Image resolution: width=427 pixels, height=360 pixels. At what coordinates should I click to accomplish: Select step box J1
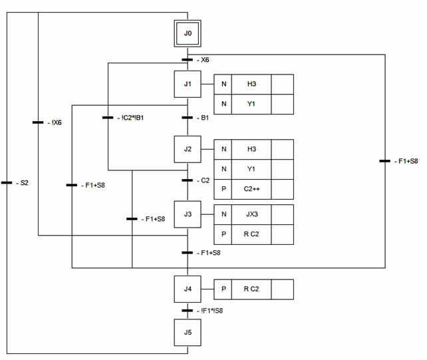pos(188,84)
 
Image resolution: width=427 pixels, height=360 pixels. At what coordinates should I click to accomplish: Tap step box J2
pos(188,149)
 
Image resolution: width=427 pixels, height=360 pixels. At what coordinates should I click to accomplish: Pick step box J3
pos(188,214)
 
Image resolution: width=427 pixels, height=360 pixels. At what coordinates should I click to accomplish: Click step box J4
pos(188,289)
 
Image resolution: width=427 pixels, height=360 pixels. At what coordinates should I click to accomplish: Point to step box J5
pos(188,333)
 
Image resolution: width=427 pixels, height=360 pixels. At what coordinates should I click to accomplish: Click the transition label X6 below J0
pos(205,60)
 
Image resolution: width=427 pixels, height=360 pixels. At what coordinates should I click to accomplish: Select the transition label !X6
pos(56,122)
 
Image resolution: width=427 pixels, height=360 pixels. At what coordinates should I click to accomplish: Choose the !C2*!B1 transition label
pos(132,118)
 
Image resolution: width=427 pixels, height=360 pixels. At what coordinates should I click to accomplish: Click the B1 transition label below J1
pos(205,118)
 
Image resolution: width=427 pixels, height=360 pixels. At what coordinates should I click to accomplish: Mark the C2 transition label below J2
pos(205,180)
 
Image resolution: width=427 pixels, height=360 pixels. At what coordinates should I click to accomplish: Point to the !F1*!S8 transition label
pos(212,310)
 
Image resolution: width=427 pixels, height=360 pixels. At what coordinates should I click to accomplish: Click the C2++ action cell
pos(251,189)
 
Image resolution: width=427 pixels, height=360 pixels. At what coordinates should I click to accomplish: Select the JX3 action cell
pos(251,214)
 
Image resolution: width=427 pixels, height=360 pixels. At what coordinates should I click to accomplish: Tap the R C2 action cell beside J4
pos(251,289)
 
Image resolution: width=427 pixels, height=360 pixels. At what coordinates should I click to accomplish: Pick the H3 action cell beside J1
pos(251,85)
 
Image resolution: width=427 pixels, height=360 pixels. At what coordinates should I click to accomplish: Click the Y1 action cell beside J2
pos(251,169)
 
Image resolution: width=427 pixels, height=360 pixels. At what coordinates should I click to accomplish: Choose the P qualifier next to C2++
pos(223,189)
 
